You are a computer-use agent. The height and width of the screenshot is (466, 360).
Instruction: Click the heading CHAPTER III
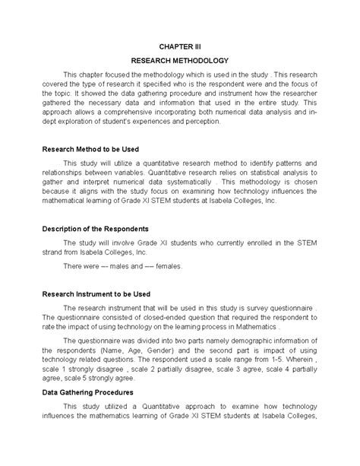(x=179, y=46)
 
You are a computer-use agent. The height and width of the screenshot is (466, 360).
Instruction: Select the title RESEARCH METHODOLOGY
(x=179, y=60)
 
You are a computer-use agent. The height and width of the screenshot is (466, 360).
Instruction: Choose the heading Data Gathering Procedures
(x=89, y=392)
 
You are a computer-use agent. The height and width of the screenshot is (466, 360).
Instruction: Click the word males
(x=118, y=266)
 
